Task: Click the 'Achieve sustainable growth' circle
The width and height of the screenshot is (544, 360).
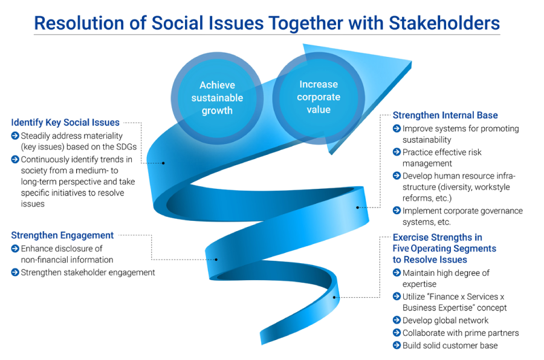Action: click(217, 98)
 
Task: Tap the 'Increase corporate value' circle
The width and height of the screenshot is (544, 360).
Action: click(319, 98)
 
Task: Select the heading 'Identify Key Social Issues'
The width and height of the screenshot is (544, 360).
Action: click(65, 123)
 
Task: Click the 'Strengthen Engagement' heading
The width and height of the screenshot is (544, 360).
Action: click(62, 235)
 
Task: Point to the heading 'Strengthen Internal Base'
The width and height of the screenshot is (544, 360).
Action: click(445, 115)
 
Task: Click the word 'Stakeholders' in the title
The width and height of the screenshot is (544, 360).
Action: click(444, 24)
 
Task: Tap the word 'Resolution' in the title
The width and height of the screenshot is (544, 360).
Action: click(79, 24)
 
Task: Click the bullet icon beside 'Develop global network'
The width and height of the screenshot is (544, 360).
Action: click(397, 319)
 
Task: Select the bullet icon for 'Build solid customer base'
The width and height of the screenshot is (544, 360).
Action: click(397, 345)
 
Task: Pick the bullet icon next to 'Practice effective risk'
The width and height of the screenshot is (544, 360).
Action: click(397, 152)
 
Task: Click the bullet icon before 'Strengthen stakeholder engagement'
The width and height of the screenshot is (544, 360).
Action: click(15, 272)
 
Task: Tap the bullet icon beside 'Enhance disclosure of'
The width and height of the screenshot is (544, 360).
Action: click(15, 248)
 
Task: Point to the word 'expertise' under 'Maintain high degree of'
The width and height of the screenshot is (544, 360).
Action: click(419, 284)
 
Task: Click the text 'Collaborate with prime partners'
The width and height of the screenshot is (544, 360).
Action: click(461, 333)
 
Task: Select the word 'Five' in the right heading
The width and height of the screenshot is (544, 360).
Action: click(401, 249)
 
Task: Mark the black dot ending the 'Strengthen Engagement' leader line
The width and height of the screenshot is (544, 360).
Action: click(216, 260)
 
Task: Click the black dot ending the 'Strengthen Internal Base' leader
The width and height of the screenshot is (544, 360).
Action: click(357, 208)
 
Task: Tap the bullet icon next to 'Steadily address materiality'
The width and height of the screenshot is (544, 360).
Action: click(15, 136)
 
